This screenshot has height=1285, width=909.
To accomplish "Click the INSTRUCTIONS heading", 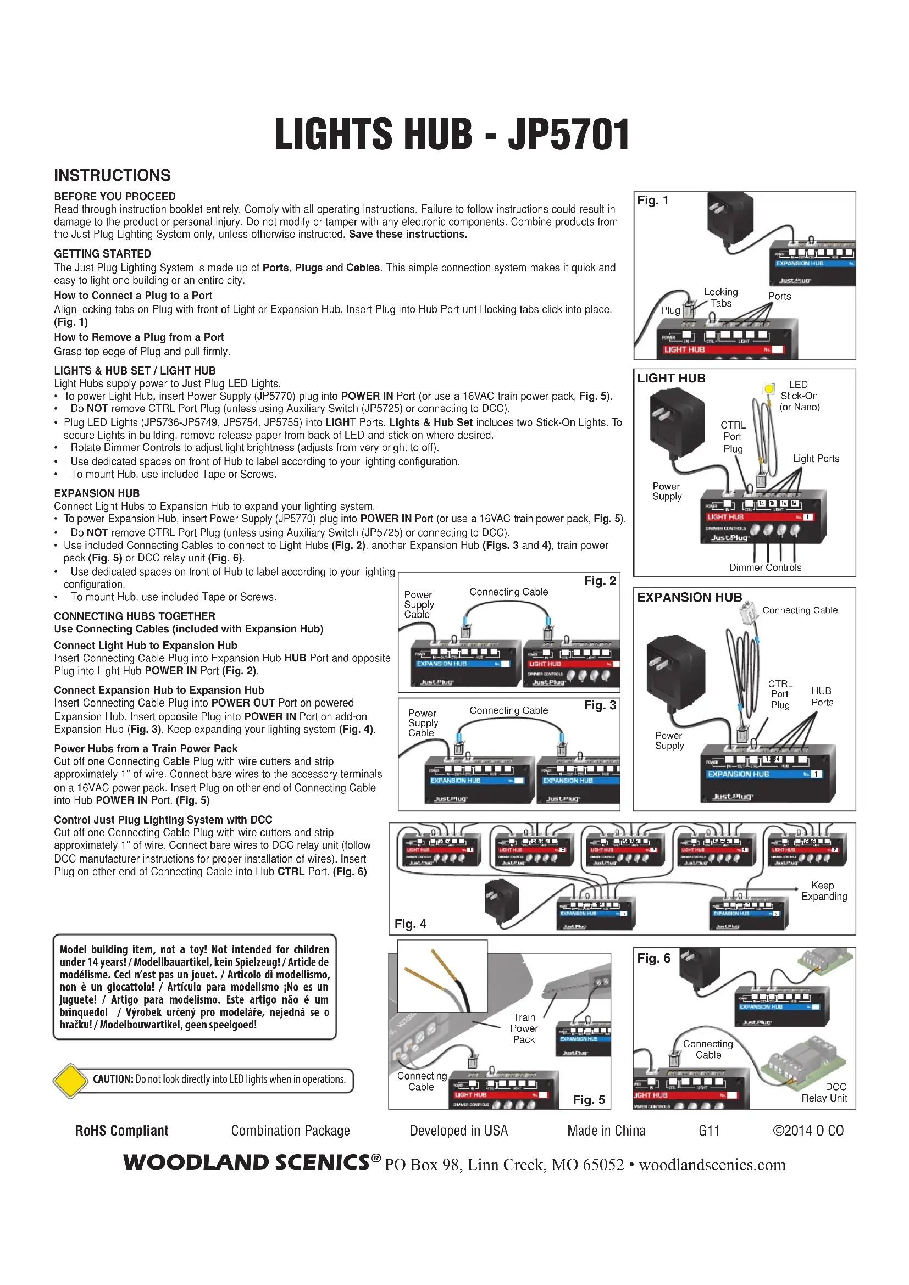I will pos(112,175).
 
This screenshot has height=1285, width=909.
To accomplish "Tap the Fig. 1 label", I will pos(653,201).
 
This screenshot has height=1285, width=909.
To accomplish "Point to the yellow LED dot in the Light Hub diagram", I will pos(769,388).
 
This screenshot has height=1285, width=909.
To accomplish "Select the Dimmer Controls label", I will pos(764,568).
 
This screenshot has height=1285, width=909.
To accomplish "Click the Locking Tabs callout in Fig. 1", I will pos(721,298).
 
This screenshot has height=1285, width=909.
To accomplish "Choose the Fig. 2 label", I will pos(600,581).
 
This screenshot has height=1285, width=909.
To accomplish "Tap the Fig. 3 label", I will pos(600,705).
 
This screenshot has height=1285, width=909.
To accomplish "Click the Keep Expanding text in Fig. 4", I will pos(824,891).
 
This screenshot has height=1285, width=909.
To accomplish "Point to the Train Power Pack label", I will pos(524,1028).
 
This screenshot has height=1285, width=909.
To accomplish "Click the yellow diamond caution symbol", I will pos(69,1080).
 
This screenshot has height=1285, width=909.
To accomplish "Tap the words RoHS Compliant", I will pos(121,1131).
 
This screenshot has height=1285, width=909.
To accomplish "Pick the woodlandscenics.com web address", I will pos(712,1165).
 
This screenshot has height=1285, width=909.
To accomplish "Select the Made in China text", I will pos(606,1131).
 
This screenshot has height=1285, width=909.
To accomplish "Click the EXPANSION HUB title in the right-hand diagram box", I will pos(690,597).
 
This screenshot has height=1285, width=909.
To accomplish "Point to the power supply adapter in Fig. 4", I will pos(502,900).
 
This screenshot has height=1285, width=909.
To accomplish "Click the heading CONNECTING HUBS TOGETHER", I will pos(134,616).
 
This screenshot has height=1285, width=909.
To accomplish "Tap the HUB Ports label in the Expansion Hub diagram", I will pos(822,697).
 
